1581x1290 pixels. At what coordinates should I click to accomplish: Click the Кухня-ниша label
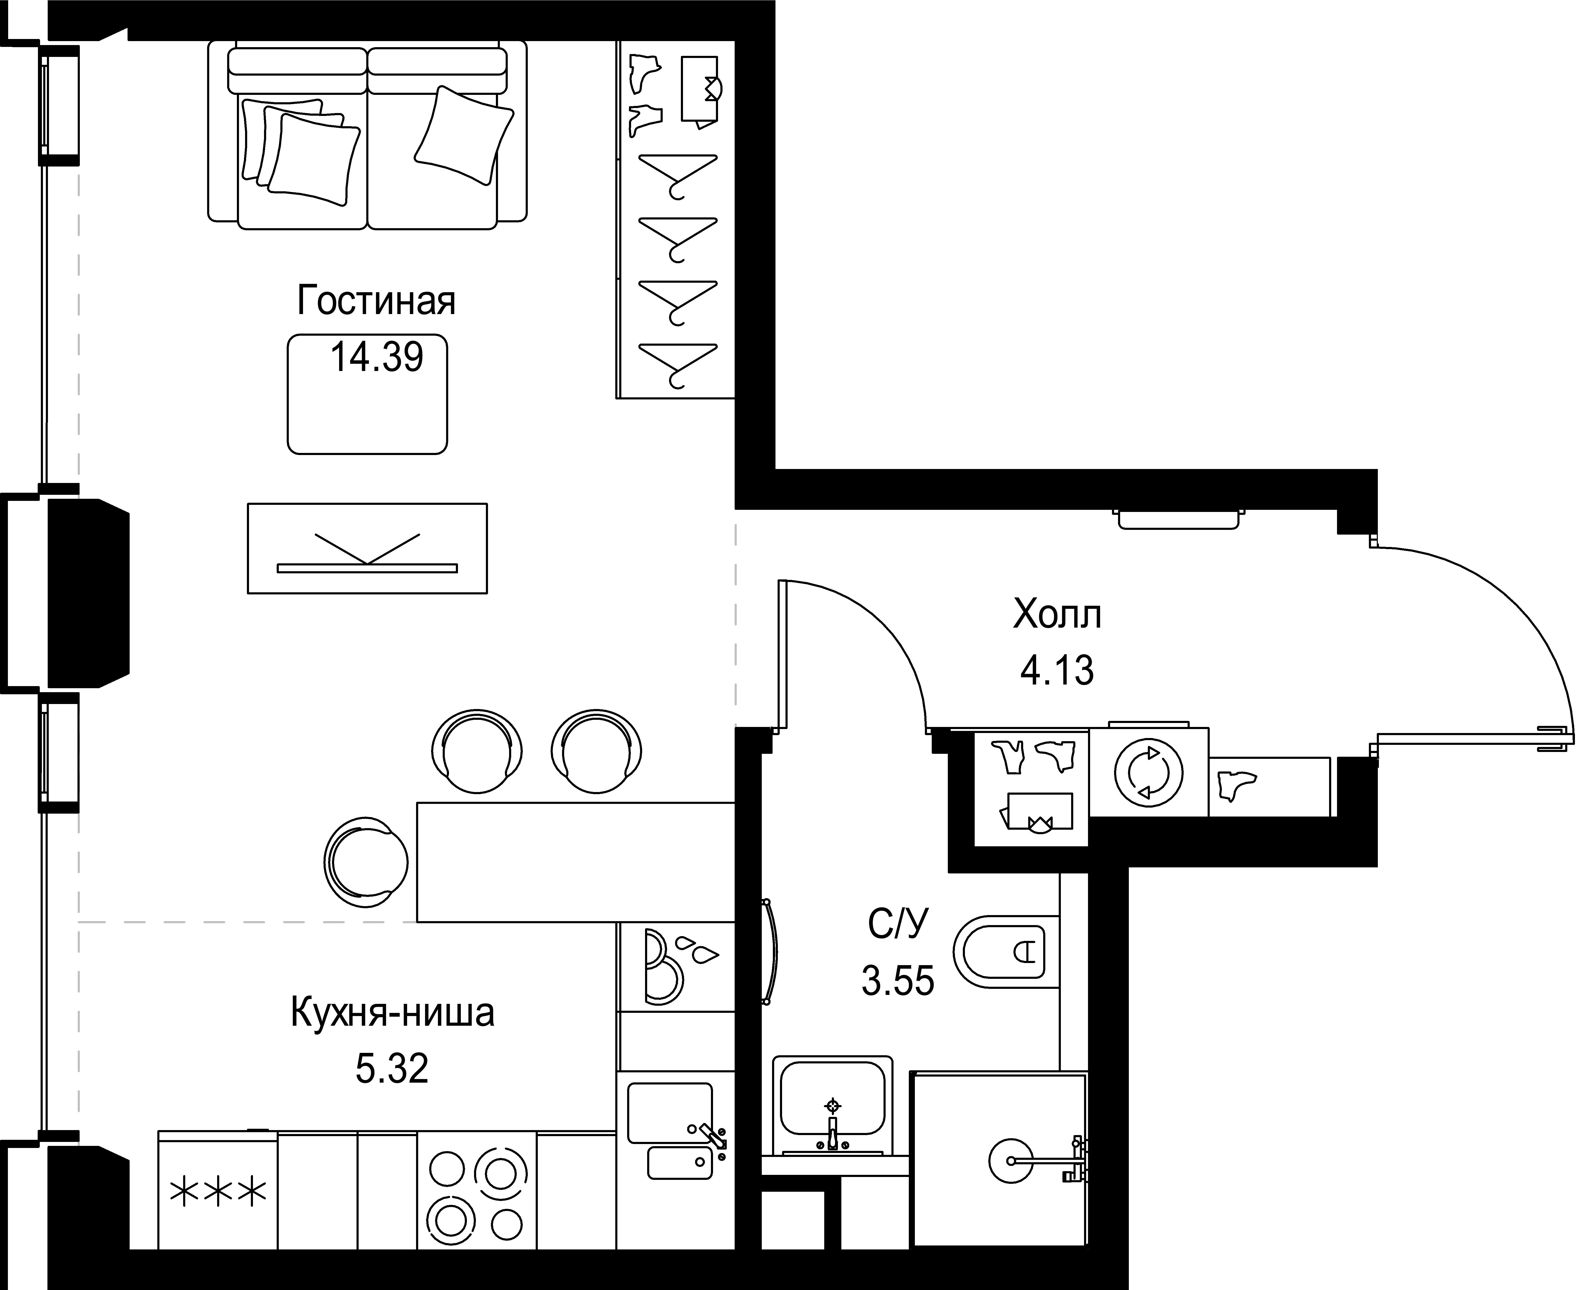pos(392,1013)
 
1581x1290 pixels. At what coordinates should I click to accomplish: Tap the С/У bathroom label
pos(898,925)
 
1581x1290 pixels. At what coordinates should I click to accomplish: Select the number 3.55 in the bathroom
pos(898,981)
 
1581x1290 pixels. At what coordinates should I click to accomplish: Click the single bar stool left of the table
pos(365,862)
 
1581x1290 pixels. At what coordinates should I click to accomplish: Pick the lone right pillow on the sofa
pos(463,135)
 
